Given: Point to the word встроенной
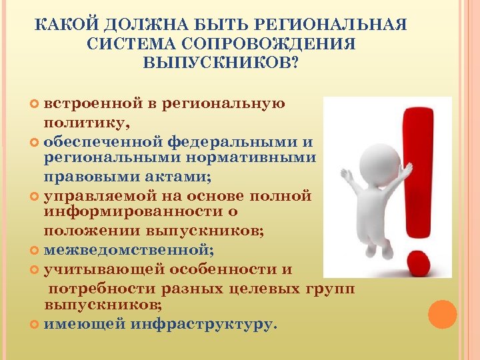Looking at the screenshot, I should [x=93, y=104].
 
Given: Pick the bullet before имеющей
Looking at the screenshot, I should [x=35, y=325].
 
